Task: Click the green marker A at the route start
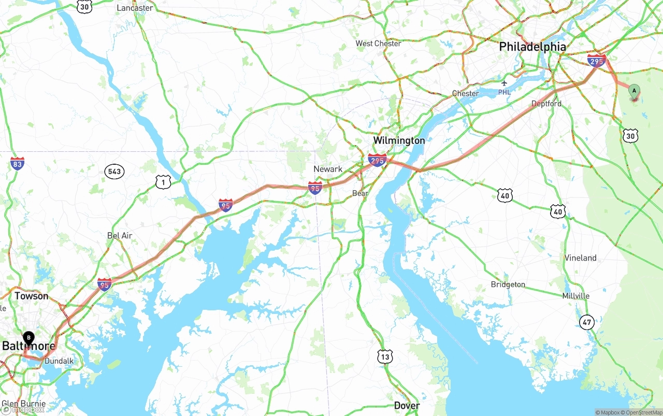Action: (633, 91)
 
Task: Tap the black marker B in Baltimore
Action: (29, 338)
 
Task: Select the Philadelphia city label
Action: (532, 47)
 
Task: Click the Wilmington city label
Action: (399, 140)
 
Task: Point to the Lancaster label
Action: (135, 8)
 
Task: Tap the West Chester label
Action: (378, 44)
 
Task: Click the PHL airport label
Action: (504, 92)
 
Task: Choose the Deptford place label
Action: (546, 104)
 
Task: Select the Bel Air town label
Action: (120, 236)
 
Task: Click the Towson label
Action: (31, 296)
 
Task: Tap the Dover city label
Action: (407, 405)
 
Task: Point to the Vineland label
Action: (580, 258)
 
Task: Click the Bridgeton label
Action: (508, 284)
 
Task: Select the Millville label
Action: (575, 296)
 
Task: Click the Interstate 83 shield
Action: (17, 164)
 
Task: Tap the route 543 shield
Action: (114, 171)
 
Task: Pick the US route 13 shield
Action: (385, 356)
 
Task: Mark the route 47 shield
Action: (587, 322)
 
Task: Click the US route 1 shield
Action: (163, 182)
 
